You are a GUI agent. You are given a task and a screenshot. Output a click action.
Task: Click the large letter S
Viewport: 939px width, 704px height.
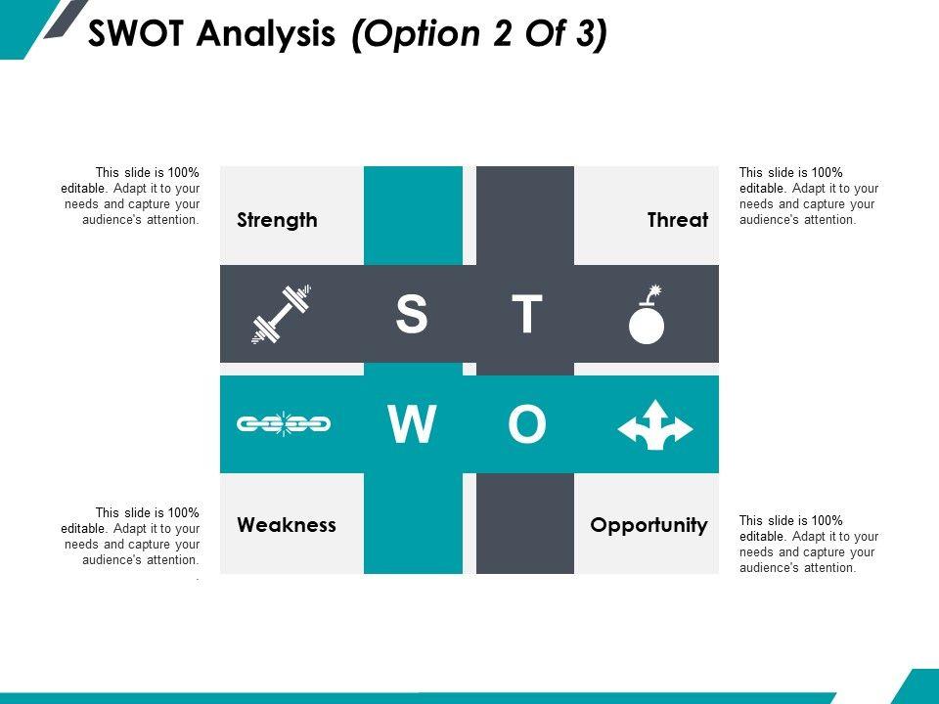(x=412, y=315)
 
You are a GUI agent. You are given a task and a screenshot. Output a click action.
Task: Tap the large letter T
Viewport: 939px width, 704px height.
(x=527, y=315)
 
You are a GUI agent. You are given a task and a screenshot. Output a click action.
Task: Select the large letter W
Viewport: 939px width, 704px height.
(x=412, y=425)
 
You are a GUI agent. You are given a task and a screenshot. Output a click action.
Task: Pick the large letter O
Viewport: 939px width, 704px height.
(x=526, y=425)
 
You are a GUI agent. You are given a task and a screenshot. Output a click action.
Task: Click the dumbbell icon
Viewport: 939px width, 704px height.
(x=282, y=314)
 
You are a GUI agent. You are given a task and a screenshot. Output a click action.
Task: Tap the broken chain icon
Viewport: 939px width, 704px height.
(x=284, y=424)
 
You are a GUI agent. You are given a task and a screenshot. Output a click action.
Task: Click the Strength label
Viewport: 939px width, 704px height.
(x=277, y=220)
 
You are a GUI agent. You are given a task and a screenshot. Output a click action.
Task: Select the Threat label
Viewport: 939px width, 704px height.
(x=677, y=220)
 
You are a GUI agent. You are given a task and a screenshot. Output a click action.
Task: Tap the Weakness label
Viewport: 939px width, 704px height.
(x=287, y=525)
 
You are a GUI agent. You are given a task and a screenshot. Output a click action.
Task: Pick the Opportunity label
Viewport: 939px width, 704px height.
(x=648, y=525)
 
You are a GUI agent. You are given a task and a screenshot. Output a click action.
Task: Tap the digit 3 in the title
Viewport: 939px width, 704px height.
(x=581, y=35)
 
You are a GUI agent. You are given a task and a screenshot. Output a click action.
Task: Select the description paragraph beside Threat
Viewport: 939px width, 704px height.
(x=808, y=197)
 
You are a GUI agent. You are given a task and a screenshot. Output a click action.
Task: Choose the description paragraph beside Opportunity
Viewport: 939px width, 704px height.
(x=808, y=544)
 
